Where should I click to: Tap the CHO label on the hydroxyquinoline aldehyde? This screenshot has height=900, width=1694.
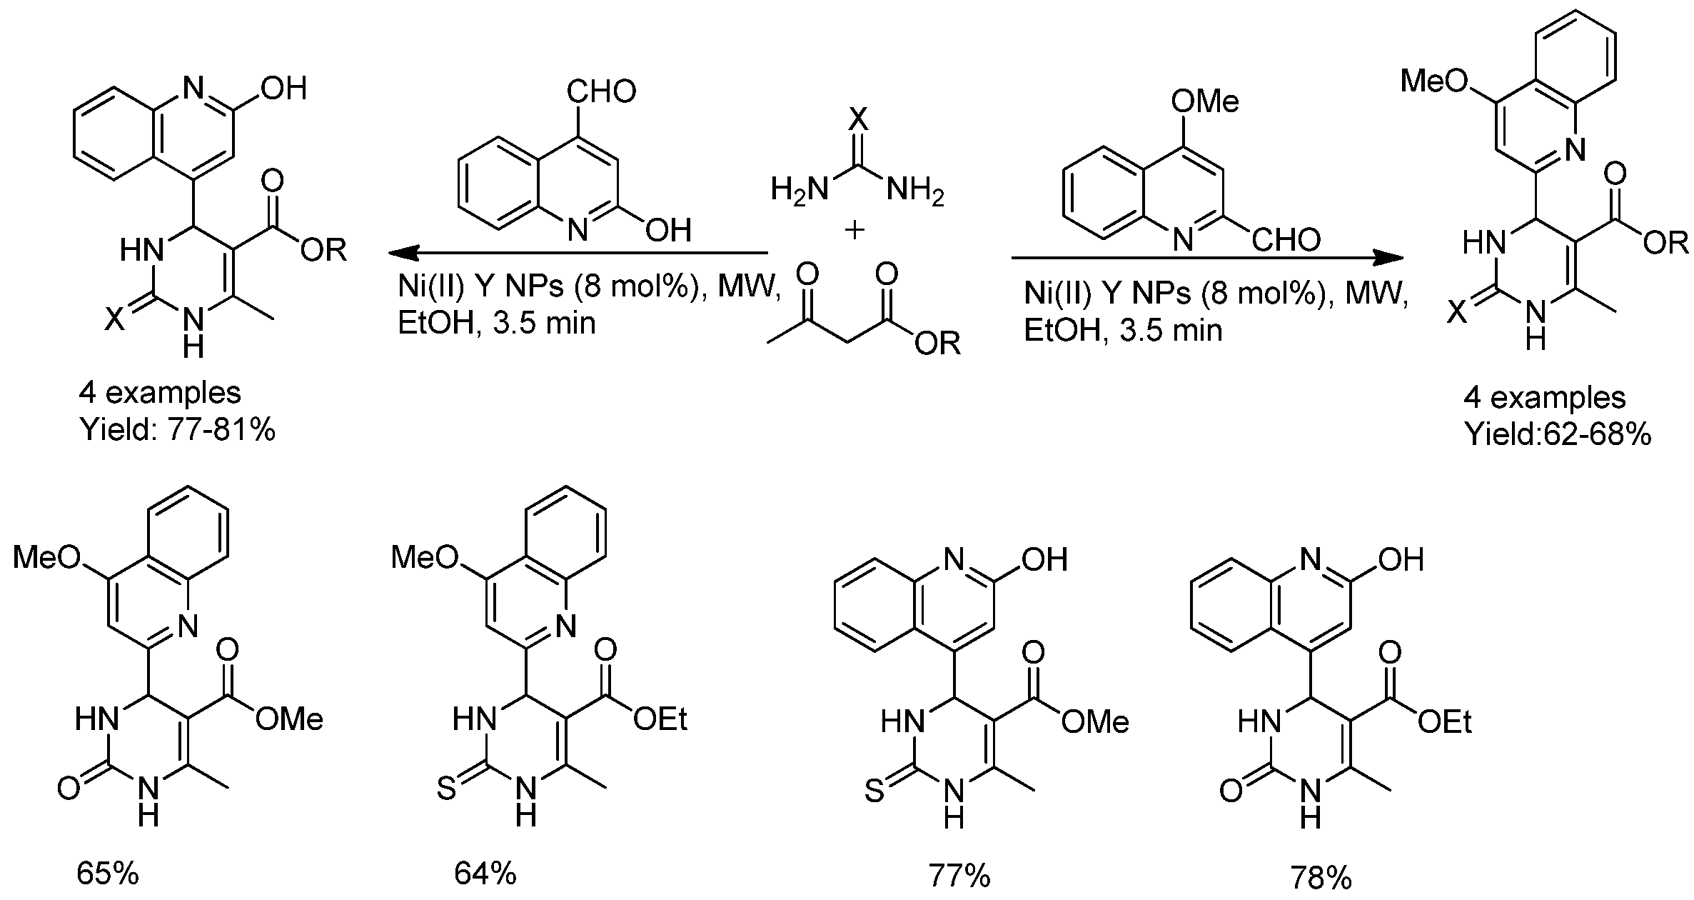pyautogui.click(x=601, y=91)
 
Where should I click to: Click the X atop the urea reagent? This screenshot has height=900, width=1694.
pyautogui.click(x=858, y=119)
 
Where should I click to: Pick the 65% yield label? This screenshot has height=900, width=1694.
pyautogui.click(x=108, y=874)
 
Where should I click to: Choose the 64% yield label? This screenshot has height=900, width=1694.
pyautogui.click(x=485, y=874)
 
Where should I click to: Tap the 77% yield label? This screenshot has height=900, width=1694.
pyautogui.click(x=959, y=876)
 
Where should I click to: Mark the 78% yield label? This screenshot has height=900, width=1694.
pyautogui.click(x=1321, y=877)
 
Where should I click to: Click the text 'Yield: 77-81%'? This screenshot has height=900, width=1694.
pyautogui.click(x=178, y=431)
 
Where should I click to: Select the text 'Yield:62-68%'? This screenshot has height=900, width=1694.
pyautogui.click(x=1558, y=434)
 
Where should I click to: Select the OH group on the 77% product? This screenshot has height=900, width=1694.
pyautogui.click(x=1044, y=560)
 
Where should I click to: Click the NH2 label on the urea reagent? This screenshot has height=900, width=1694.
pyautogui.click(x=915, y=191)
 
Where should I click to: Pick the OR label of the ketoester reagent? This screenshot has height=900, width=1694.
pyautogui.click(x=937, y=344)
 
